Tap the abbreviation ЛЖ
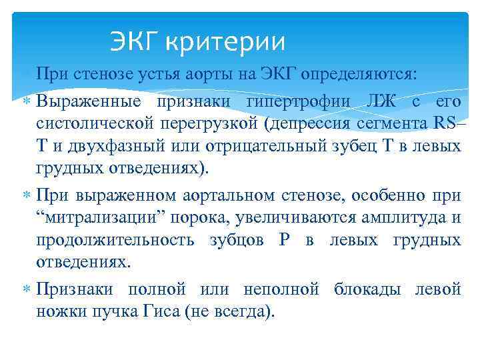(383, 103)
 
